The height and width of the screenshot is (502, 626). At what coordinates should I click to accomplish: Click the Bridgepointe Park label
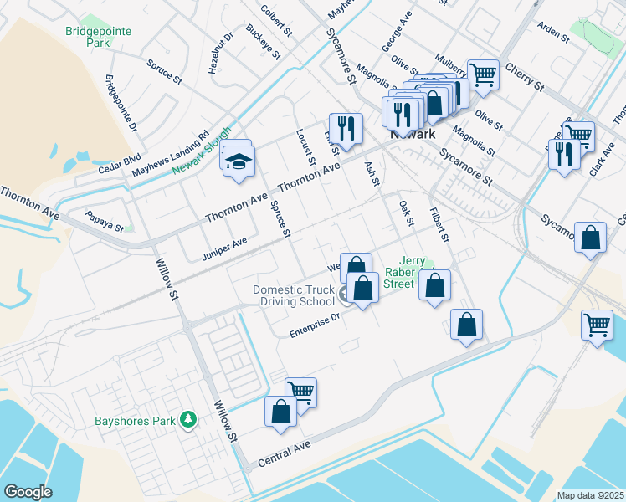(87, 37)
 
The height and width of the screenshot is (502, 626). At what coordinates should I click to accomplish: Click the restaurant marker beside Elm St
(346, 129)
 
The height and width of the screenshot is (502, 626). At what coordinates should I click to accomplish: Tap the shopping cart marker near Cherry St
(483, 75)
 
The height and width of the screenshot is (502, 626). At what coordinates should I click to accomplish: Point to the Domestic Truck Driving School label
(295, 295)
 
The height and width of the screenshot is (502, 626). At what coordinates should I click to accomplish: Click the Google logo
(28, 491)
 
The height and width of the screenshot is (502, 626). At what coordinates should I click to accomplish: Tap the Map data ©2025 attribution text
(589, 495)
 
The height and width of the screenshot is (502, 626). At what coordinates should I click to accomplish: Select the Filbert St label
(440, 223)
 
